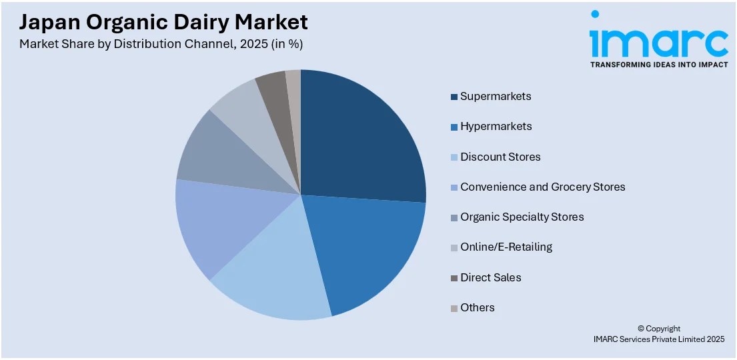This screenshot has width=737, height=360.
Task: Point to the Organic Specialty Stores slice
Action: (x=213, y=157)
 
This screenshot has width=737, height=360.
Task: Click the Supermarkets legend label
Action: (x=496, y=96)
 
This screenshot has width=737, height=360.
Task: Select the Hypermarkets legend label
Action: (x=496, y=127)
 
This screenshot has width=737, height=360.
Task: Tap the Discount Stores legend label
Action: (x=500, y=157)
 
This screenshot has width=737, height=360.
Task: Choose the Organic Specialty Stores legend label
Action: (x=522, y=217)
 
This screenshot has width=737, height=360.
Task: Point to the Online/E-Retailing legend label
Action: (x=506, y=247)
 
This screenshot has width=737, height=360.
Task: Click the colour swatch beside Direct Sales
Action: (x=454, y=278)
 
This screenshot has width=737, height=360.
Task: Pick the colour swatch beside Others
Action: (x=454, y=308)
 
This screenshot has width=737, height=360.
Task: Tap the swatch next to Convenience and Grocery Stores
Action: (x=454, y=187)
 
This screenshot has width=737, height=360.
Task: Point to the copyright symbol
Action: (x=641, y=329)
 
